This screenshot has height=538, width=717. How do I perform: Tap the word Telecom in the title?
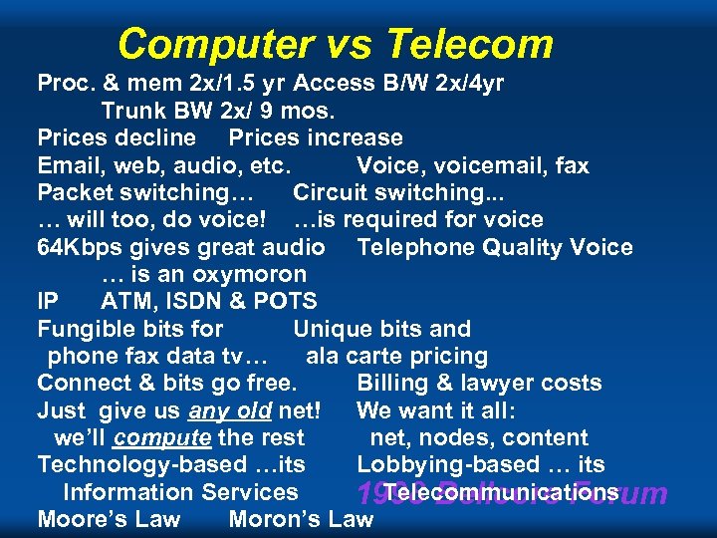[469, 44]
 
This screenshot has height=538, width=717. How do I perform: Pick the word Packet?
[74, 192]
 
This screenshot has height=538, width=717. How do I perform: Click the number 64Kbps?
[80, 247]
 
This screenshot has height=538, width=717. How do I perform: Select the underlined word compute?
[161, 437]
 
